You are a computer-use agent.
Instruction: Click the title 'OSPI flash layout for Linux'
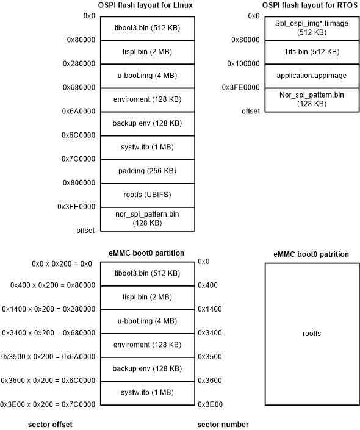[x=147, y=6]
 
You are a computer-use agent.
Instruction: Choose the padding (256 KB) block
[x=147, y=171]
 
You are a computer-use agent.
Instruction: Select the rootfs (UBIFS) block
[x=147, y=195]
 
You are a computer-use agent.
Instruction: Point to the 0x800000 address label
[x=79, y=182]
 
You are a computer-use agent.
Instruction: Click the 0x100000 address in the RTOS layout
[x=243, y=63]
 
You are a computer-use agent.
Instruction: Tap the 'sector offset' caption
[x=50, y=423]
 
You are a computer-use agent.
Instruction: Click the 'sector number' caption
[x=223, y=423]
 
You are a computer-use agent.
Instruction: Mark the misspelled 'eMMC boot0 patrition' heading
[x=312, y=254]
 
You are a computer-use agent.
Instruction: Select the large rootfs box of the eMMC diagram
[x=312, y=334]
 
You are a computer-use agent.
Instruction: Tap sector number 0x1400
[x=211, y=309]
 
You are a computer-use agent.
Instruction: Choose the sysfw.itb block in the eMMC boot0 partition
[x=147, y=392]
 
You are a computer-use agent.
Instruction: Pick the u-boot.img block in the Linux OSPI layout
[x=147, y=76]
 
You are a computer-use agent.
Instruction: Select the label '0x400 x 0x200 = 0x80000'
[x=52, y=285]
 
